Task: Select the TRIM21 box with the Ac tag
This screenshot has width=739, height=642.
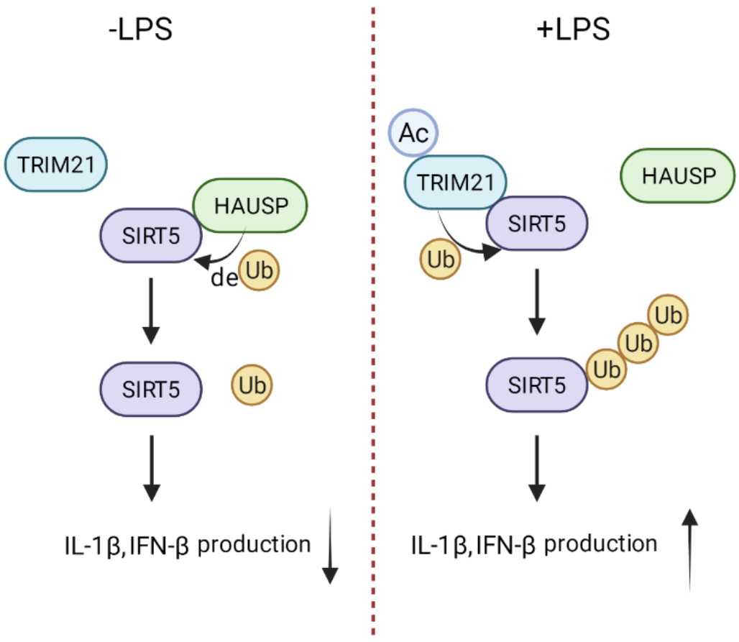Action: (456, 183)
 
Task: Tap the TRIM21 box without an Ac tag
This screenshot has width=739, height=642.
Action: (56, 165)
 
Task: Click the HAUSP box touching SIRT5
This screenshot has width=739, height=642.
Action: (251, 206)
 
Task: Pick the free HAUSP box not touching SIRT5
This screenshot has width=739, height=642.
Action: (678, 175)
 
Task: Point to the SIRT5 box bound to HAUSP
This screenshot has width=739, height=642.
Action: (150, 236)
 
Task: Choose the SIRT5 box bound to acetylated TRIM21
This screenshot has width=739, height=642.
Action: (537, 224)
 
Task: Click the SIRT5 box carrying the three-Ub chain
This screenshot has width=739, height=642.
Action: (537, 385)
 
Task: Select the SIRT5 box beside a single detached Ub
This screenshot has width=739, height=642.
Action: (150, 389)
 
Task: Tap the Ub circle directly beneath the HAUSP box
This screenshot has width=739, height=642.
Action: (258, 271)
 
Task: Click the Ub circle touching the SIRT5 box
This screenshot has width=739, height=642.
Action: (607, 370)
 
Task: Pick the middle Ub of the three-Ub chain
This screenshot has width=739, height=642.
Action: (638, 343)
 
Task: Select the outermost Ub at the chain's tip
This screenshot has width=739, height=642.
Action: (669, 315)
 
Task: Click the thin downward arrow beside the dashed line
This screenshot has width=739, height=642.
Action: (330, 546)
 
